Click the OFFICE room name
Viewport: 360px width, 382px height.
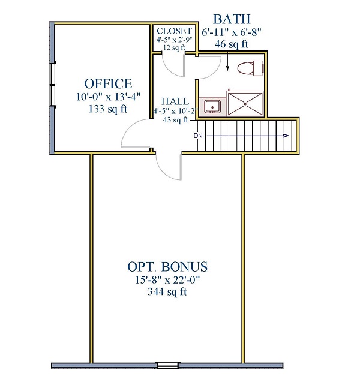tap(108, 83)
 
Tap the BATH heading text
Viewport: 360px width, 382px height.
tap(232, 19)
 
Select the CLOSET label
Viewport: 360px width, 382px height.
tap(174, 31)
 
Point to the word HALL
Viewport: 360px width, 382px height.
tap(175, 101)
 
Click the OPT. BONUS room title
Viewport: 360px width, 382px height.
tap(167, 266)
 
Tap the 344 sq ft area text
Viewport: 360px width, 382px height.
tap(167, 291)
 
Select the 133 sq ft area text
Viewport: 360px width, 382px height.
tap(108, 109)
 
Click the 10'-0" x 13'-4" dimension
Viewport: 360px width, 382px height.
tap(109, 97)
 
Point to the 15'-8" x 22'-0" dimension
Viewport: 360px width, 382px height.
tap(167, 280)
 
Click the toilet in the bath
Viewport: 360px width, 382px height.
tap(250, 68)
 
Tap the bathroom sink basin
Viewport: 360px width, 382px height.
tap(212, 107)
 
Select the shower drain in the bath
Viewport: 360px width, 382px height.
tap(245, 104)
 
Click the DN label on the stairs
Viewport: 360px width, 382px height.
tap(198, 136)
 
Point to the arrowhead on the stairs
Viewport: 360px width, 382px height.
tap(286, 136)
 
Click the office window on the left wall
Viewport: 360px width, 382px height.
tap(52, 85)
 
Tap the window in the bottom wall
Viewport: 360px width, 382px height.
tap(167, 365)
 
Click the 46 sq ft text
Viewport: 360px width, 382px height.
tap(232, 44)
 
